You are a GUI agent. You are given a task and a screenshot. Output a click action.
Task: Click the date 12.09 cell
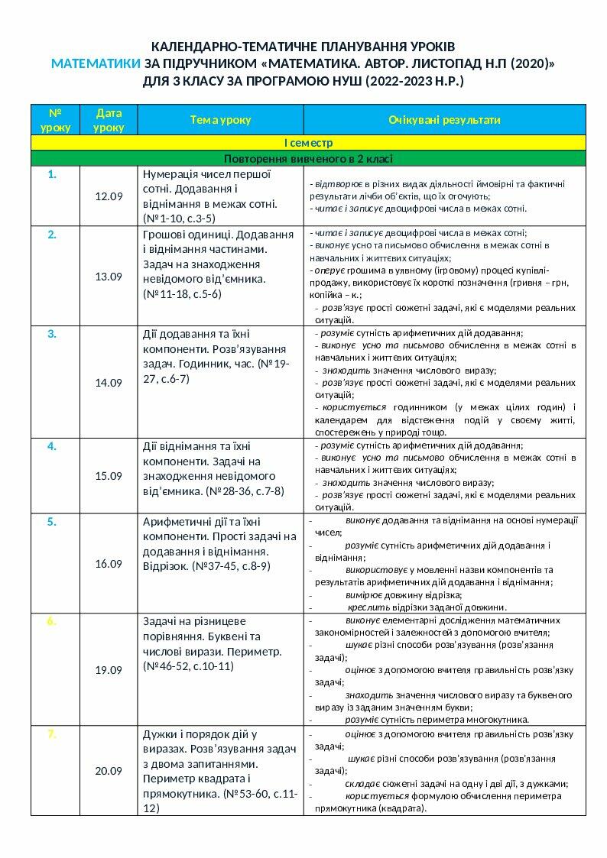(x=109, y=196)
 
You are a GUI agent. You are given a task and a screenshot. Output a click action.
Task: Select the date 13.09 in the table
(x=109, y=277)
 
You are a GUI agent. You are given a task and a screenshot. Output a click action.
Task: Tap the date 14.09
(x=109, y=383)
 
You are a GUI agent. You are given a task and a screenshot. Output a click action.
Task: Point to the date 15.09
(x=109, y=476)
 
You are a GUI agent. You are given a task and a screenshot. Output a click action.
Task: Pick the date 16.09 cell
(x=109, y=564)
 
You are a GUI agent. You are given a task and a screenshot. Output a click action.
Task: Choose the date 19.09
(x=109, y=670)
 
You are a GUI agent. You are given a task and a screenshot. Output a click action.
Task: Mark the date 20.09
(x=109, y=771)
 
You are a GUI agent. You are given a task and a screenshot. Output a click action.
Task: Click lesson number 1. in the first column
(x=52, y=174)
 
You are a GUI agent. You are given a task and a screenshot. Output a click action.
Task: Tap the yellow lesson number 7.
(x=52, y=734)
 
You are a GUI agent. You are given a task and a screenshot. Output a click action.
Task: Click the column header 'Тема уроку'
(x=221, y=120)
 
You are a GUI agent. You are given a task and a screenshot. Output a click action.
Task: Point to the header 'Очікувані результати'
(x=444, y=120)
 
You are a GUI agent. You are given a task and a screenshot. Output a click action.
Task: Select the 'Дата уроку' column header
(x=109, y=120)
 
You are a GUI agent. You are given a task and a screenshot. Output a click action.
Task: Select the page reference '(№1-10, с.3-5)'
(x=174, y=219)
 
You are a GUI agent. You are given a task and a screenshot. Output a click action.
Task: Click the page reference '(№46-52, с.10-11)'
(x=188, y=666)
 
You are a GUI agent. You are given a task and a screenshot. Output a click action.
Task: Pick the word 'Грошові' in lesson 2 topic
(x=164, y=234)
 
